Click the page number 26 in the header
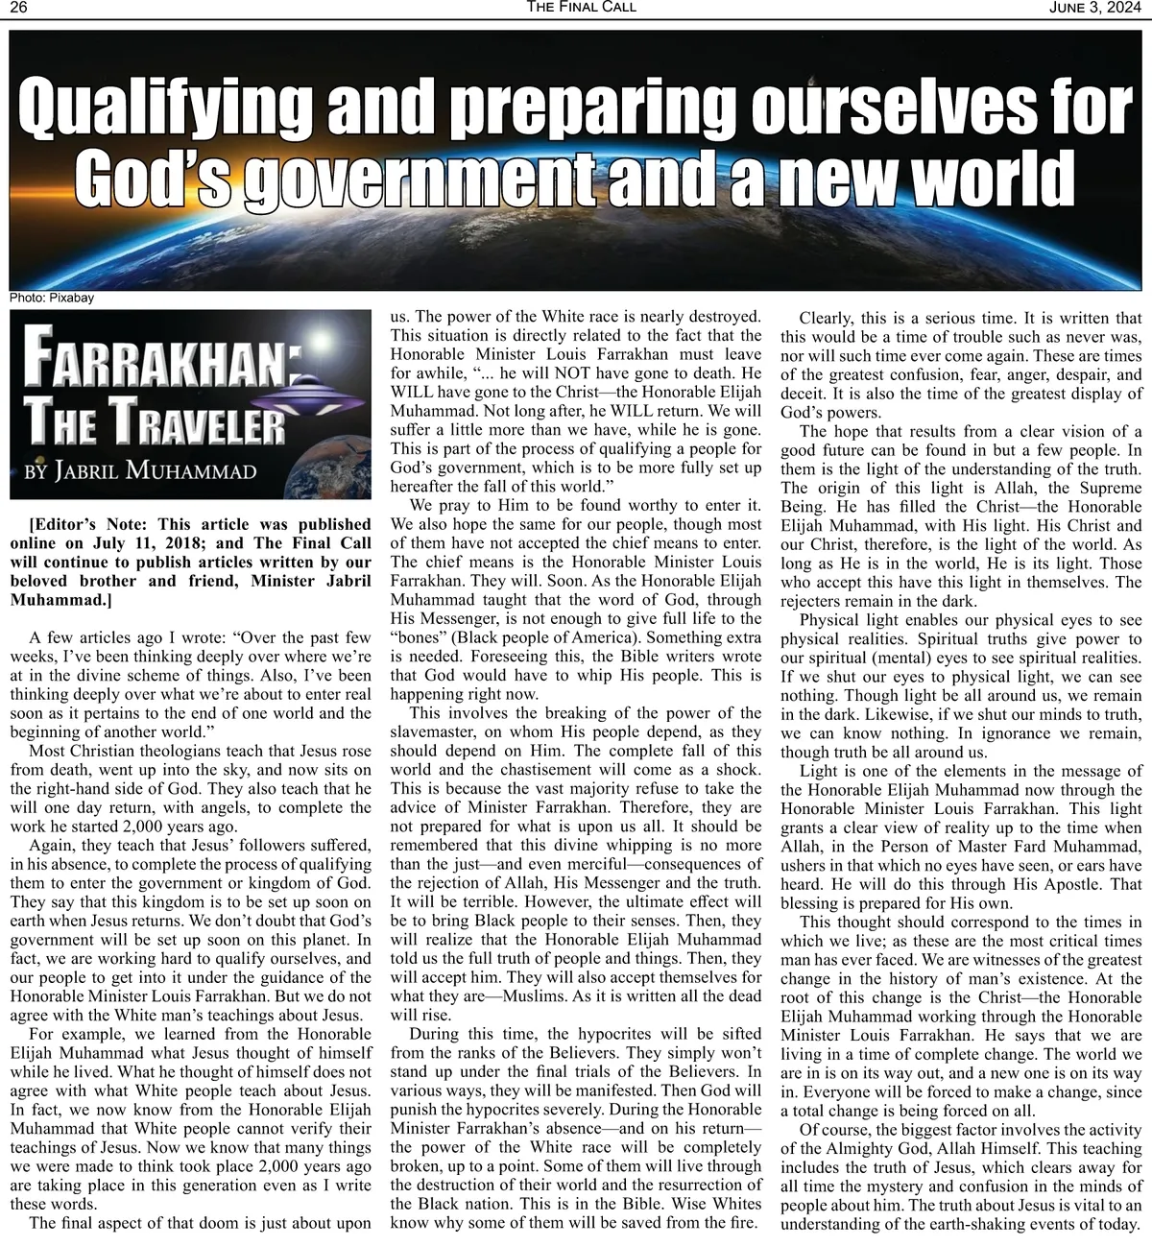(17, 8)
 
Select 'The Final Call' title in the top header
(581, 8)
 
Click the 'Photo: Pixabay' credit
(52, 298)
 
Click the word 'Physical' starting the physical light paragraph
(831, 620)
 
